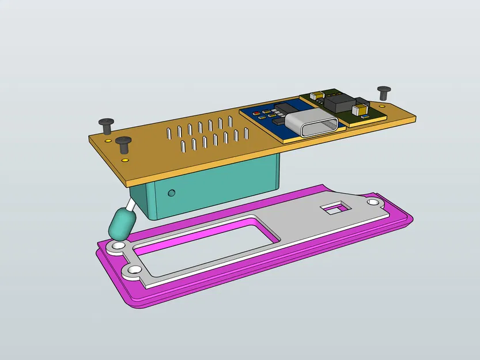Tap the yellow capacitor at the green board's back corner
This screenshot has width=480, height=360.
pyautogui.click(x=318, y=95)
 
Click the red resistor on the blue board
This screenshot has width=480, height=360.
pyautogui.click(x=256, y=113)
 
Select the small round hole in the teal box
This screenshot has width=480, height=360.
pyautogui.click(x=171, y=191)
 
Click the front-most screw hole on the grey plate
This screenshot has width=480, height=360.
pyautogui.click(x=134, y=270)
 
